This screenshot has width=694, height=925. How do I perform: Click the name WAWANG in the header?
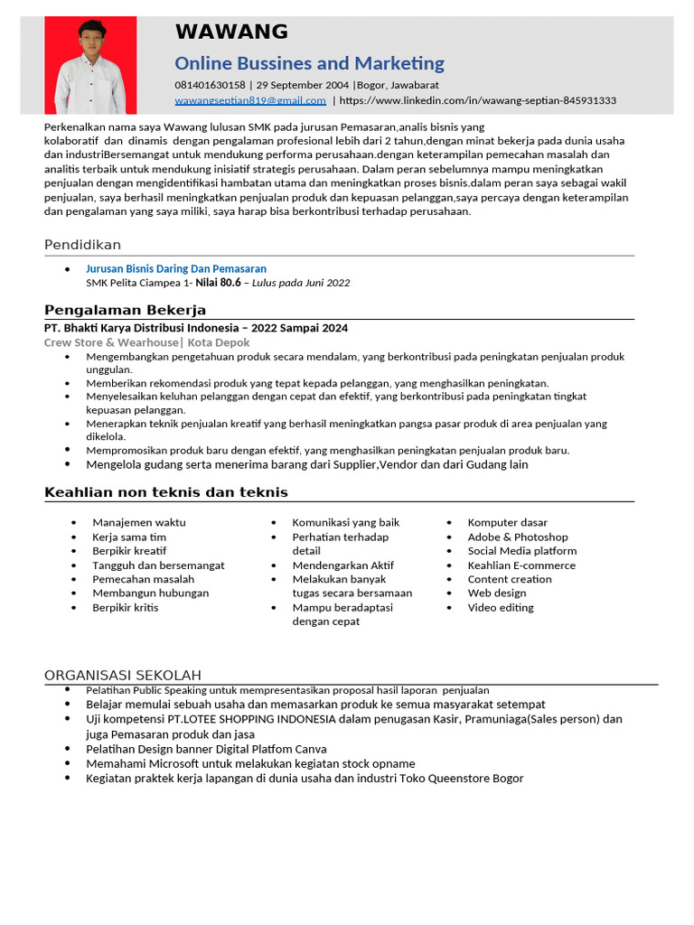click(231, 33)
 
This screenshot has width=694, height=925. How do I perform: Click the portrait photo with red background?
click(90, 65)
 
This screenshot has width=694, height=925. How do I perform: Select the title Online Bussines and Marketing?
click(309, 63)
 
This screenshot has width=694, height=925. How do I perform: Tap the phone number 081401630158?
click(210, 85)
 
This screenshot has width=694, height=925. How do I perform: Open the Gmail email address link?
click(250, 100)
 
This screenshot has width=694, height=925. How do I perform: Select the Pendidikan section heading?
click(82, 246)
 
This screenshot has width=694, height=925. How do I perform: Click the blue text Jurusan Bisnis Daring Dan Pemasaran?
click(176, 269)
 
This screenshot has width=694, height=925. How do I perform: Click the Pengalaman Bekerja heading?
click(125, 311)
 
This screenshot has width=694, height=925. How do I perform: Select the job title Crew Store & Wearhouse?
click(111, 342)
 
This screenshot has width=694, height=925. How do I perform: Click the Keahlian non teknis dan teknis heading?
click(165, 492)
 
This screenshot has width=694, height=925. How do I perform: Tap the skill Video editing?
click(501, 607)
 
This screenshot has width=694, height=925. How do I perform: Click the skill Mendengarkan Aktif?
click(342, 565)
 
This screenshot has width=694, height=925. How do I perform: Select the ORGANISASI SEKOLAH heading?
click(123, 676)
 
